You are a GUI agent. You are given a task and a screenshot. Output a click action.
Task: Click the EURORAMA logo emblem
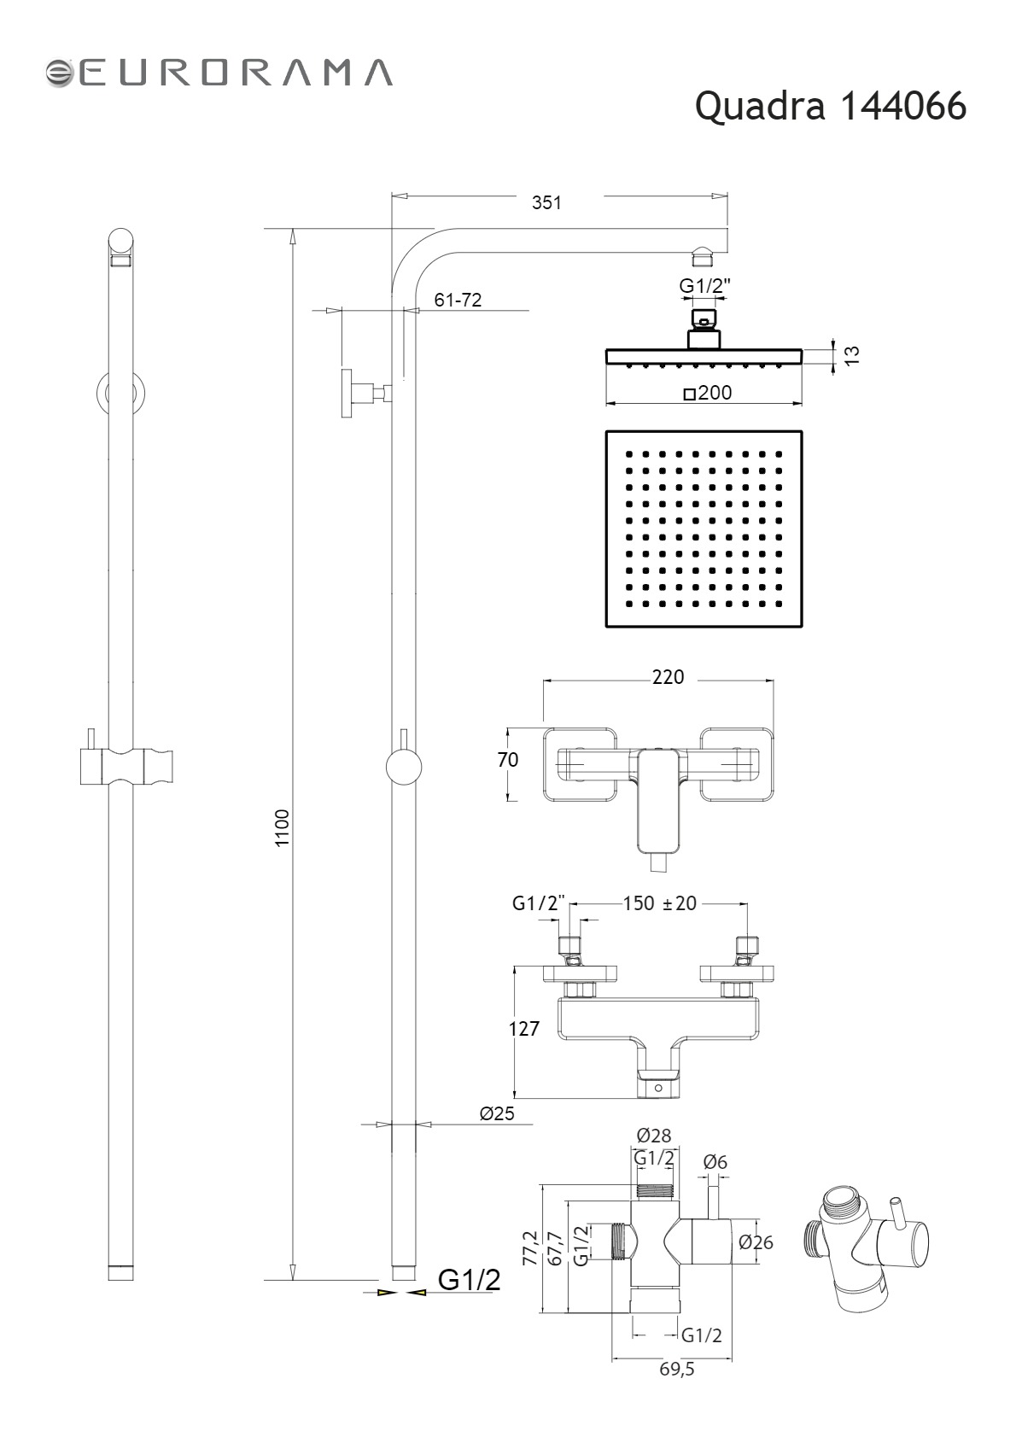(61, 73)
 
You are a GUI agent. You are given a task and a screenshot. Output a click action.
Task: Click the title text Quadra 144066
(830, 107)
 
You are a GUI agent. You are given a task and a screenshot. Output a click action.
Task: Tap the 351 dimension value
(546, 202)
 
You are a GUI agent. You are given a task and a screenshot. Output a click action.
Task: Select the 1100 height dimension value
(283, 828)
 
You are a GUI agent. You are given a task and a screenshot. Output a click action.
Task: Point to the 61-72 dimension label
(458, 300)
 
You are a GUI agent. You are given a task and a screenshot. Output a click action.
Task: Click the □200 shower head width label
(708, 393)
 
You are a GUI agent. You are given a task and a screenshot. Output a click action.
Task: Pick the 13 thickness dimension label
(851, 355)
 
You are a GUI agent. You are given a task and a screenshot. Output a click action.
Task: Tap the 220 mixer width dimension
(668, 677)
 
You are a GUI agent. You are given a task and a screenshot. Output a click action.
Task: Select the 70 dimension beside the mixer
(508, 760)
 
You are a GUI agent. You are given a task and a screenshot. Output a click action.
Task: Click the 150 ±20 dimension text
(659, 903)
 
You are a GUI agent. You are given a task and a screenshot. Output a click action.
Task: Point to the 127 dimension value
(524, 1028)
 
